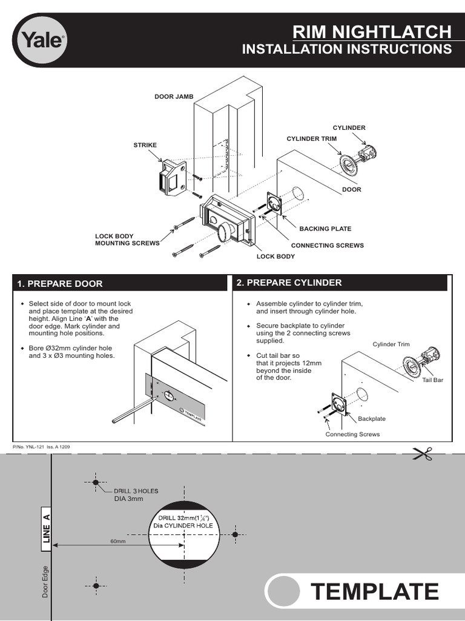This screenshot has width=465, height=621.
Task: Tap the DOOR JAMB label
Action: pos(173,96)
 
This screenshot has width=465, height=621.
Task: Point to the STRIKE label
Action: pos(145,145)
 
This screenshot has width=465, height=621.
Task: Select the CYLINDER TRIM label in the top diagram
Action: pos(311,139)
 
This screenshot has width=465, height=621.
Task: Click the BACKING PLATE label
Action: pos(325,229)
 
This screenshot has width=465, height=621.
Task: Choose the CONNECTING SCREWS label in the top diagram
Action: pos(328,246)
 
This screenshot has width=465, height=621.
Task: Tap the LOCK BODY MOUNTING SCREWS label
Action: pos(127,240)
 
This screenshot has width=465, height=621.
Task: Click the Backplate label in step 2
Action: pos(372,419)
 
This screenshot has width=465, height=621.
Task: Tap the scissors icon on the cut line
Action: pos(422,453)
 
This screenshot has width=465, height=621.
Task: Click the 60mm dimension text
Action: pos(117,541)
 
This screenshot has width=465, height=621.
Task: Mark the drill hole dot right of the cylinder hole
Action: pos(235,534)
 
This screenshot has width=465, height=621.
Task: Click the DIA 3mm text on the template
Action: pos(128,498)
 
